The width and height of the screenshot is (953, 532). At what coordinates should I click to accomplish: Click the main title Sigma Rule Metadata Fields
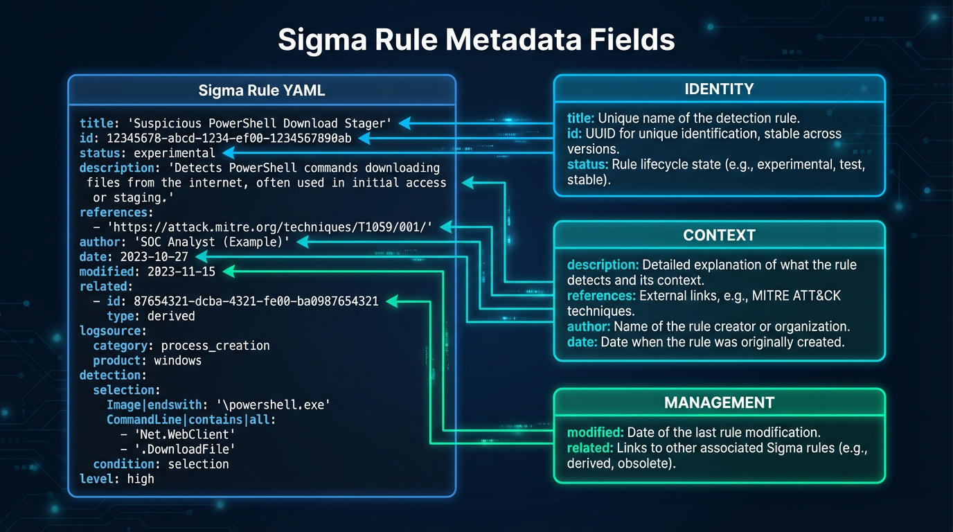[x=476, y=40]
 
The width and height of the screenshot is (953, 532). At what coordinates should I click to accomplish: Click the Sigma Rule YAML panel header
[x=261, y=91]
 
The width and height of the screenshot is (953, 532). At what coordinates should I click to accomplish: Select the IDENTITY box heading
[x=719, y=89]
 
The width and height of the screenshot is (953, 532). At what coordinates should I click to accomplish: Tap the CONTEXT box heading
[x=719, y=236]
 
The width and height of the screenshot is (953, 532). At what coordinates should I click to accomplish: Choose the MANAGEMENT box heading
[x=719, y=402]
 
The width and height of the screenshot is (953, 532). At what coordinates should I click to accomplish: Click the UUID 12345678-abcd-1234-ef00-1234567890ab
[x=229, y=139]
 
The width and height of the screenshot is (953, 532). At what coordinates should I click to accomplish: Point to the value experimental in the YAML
[x=175, y=153]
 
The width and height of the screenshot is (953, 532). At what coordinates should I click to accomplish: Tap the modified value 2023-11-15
[x=181, y=272]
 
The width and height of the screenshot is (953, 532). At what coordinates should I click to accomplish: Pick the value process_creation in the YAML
[x=215, y=346]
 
